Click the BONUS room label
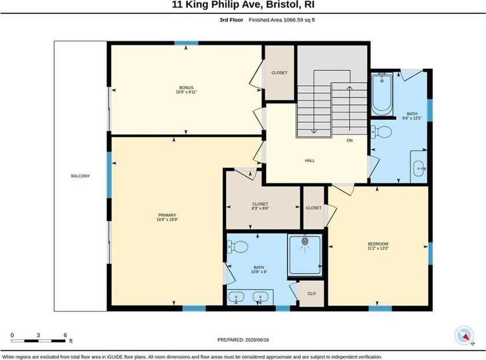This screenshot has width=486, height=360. [x=186, y=87]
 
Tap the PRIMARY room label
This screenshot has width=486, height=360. [x=167, y=215]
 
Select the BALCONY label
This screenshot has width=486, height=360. [x=80, y=176]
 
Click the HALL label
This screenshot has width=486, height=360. [x=310, y=160]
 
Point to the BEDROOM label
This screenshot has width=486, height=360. [x=378, y=244]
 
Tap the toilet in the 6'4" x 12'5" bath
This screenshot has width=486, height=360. [x=381, y=133]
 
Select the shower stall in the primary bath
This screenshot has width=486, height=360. [x=305, y=255]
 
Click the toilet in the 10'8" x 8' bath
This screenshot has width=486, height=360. [x=238, y=247]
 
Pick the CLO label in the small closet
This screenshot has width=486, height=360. [x=311, y=293]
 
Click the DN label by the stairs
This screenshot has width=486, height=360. [x=349, y=141]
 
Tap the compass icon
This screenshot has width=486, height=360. [x=464, y=336]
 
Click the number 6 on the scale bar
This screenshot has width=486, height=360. [x=65, y=335]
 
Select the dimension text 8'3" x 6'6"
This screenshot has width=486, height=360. [x=260, y=208]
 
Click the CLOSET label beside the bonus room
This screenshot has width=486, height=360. [x=279, y=72]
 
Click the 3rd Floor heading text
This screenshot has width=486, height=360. [x=231, y=20]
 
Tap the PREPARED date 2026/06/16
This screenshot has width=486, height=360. [x=256, y=340]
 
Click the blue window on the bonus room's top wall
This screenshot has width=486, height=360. [x=186, y=43]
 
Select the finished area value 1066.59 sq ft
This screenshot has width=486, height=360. [x=297, y=20]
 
